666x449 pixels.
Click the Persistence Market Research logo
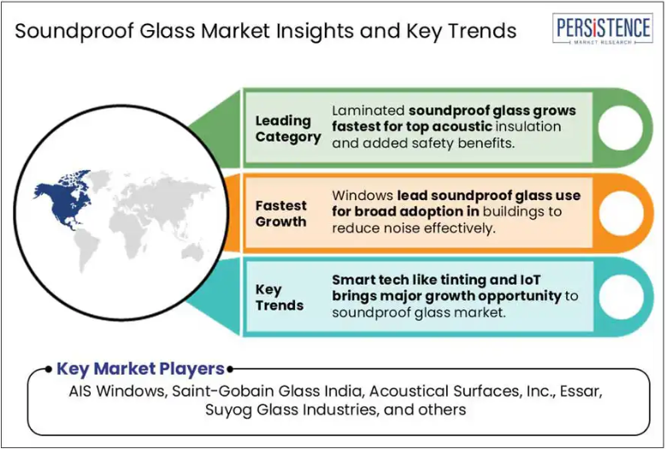coord(602,28)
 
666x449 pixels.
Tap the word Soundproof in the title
coord(74,32)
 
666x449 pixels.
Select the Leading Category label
coord(288,128)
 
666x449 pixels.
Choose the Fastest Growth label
coord(280,213)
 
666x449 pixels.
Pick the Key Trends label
coord(279,298)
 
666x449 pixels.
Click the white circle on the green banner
coord(621,128)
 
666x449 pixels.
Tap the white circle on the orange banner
coord(621,213)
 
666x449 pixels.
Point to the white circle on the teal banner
coord(621,297)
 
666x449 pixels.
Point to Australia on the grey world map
coord(193,254)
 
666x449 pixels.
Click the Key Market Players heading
coord(140,369)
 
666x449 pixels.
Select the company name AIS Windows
coord(116,391)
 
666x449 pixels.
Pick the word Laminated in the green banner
coord(368,110)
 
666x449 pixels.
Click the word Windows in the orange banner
coord(362,195)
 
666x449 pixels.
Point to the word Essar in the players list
coord(581,391)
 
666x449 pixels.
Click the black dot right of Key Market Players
coord(230,369)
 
